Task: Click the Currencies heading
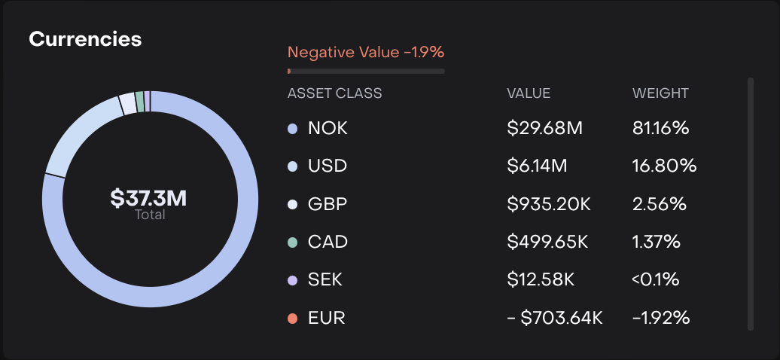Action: tap(85, 39)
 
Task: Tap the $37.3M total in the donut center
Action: tap(149, 199)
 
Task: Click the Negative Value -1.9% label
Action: tap(366, 52)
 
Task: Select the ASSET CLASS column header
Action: tap(334, 93)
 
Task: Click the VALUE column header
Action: tap(529, 93)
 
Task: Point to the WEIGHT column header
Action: tap(660, 93)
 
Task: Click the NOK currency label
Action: tap(328, 128)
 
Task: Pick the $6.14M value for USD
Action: tap(537, 166)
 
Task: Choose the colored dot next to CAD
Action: tap(293, 243)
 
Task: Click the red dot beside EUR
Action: tap(293, 318)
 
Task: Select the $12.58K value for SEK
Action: tap(541, 280)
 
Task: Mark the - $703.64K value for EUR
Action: tap(555, 318)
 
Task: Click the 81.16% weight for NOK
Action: tap(660, 128)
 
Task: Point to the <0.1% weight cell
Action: tap(655, 280)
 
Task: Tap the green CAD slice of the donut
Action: tap(140, 101)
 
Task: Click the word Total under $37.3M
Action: tap(149, 215)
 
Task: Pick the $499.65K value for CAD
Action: tap(547, 243)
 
